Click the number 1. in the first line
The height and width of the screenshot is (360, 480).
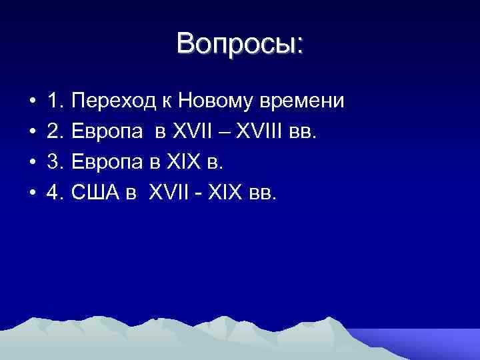point(56,101)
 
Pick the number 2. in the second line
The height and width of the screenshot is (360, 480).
point(56,132)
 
